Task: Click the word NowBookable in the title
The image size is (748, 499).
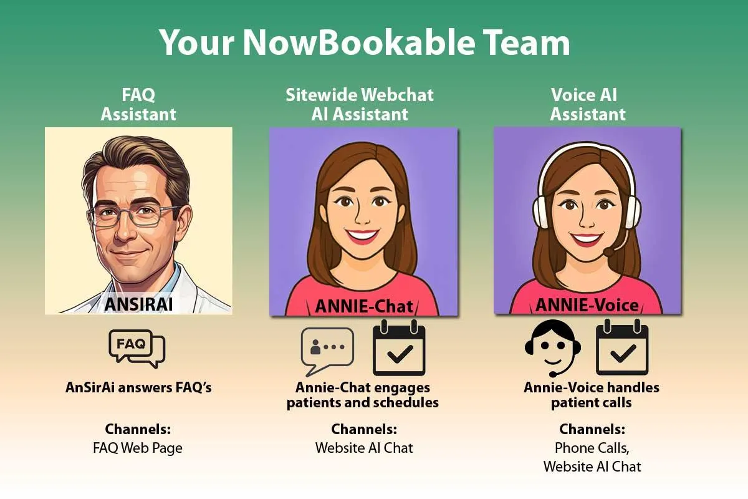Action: click(358, 42)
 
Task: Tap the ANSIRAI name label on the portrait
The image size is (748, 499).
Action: click(138, 304)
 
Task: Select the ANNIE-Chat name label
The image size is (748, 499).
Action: click(363, 306)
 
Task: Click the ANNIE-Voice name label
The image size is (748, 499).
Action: click(587, 305)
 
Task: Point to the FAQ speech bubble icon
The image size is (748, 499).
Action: click(137, 349)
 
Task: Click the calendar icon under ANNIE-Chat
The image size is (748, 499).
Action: click(399, 347)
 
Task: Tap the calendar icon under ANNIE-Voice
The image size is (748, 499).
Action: click(622, 347)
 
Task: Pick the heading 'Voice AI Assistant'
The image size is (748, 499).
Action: click(587, 105)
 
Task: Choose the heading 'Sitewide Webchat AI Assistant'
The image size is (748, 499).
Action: click(360, 105)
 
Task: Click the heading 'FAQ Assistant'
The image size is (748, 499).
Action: click(138, 105)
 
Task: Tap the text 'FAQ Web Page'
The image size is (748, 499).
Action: click(138, 448)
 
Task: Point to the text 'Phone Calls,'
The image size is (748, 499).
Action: click(592, 448)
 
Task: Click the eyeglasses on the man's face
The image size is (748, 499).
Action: click(133, 216)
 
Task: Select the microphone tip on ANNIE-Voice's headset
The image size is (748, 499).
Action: click(610, 252)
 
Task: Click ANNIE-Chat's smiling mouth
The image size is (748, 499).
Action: click(362, 236)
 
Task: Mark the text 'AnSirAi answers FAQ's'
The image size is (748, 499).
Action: click(138, 388)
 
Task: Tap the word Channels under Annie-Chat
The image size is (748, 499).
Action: click(363, 429)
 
